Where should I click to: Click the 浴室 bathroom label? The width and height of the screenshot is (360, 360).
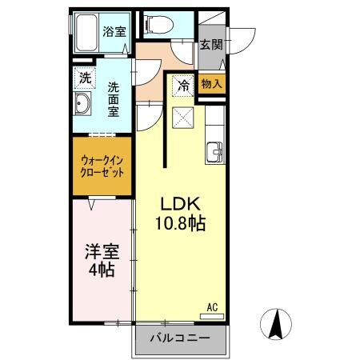point(113,32)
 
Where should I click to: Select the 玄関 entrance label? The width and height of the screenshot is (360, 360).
point(211,45)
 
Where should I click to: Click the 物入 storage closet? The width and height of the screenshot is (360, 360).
point(212,82)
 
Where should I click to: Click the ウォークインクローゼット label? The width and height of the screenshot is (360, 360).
point(102,166)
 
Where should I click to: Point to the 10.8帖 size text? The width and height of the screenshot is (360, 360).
point(180,223)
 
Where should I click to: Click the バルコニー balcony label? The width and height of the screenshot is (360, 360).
point(180,339)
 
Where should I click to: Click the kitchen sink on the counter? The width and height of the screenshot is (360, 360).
point(215,151)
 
